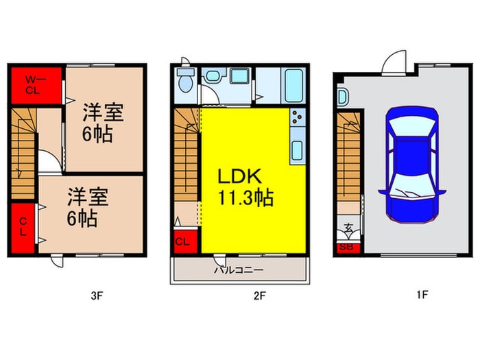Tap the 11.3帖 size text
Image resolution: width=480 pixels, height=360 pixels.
(x=246, y=199)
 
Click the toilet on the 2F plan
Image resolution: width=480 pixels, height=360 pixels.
(x=184, y=82)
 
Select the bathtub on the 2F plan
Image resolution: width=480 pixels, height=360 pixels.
(x=293, y=84)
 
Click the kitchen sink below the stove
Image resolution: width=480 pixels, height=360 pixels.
(x=298, y=149)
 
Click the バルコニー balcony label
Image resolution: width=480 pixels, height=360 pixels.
(x=239, y=270)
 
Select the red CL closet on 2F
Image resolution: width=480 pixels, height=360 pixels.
(x=183, y=241)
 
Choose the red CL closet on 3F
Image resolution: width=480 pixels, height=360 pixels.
(x=23, y=226)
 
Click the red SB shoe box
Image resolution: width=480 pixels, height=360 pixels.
(x=346, y=248)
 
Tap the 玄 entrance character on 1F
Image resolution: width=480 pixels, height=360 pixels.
(x=348, y=229)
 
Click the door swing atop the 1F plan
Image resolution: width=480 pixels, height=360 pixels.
(x=392, y=63)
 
